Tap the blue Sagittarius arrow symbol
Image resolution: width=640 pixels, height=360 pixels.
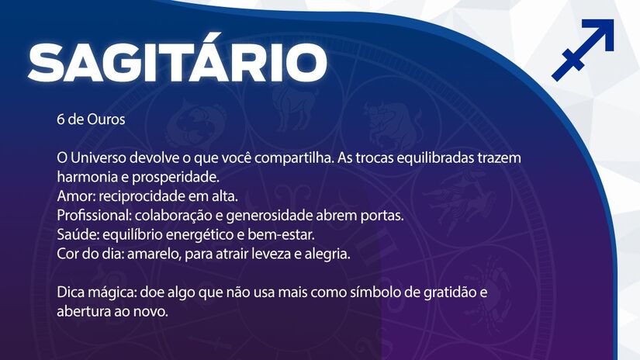[x=583, y=50]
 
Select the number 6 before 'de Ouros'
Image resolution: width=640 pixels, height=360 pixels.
[x=61, y=119]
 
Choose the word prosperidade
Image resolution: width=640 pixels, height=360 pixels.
[x=176, y=178]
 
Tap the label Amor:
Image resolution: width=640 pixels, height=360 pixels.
[x=76, y=196]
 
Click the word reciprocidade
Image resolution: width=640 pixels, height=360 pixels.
[x=142, y=197]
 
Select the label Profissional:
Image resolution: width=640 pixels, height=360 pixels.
[x=95, y=216]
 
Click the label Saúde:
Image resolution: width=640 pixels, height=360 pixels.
[x=78, y=234]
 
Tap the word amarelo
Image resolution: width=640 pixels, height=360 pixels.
[x=154, y=254]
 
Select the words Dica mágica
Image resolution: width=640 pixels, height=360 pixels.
[x=96, y=293]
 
